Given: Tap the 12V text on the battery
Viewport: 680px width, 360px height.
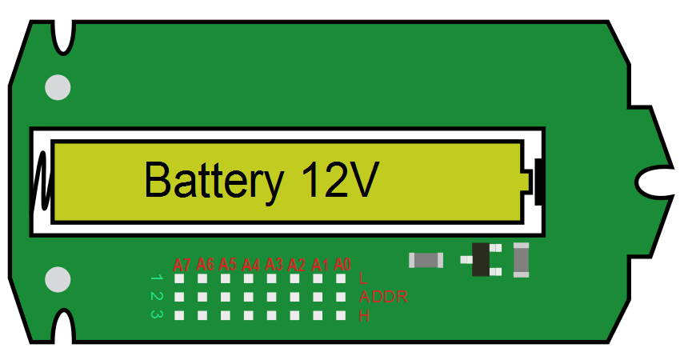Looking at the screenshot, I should (x=340, y=180).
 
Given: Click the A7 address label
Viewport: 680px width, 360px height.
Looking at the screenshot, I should (x=182, y=265).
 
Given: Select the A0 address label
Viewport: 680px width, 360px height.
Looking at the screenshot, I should (x=343, y=263).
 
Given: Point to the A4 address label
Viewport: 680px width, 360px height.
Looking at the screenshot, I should (x=251, y=264).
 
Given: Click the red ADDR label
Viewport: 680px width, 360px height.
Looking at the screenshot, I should (x=384, y=298).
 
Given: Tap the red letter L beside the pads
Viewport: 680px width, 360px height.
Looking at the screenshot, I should (x=364, y=279).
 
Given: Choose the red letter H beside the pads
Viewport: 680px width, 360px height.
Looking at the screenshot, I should (x=365, y=316).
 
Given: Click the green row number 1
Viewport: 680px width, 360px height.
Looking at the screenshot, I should (x=156, y=278).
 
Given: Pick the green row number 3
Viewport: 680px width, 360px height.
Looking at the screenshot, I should (x=156, y=314).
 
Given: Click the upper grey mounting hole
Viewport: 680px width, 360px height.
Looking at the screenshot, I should (x=58, y=87).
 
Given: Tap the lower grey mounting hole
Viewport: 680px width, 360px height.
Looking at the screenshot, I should (x=58, y=279).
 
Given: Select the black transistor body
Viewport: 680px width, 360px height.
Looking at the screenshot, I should (x=481, y=259).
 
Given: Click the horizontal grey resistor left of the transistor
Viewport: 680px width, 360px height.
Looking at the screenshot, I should (x=426, y=260).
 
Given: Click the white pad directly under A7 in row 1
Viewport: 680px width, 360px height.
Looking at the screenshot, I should (x=180, y=279).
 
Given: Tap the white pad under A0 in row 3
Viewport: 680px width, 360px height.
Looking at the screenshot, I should (x=342, y=315).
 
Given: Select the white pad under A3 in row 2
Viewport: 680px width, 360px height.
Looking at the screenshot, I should (x=272, y=297).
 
